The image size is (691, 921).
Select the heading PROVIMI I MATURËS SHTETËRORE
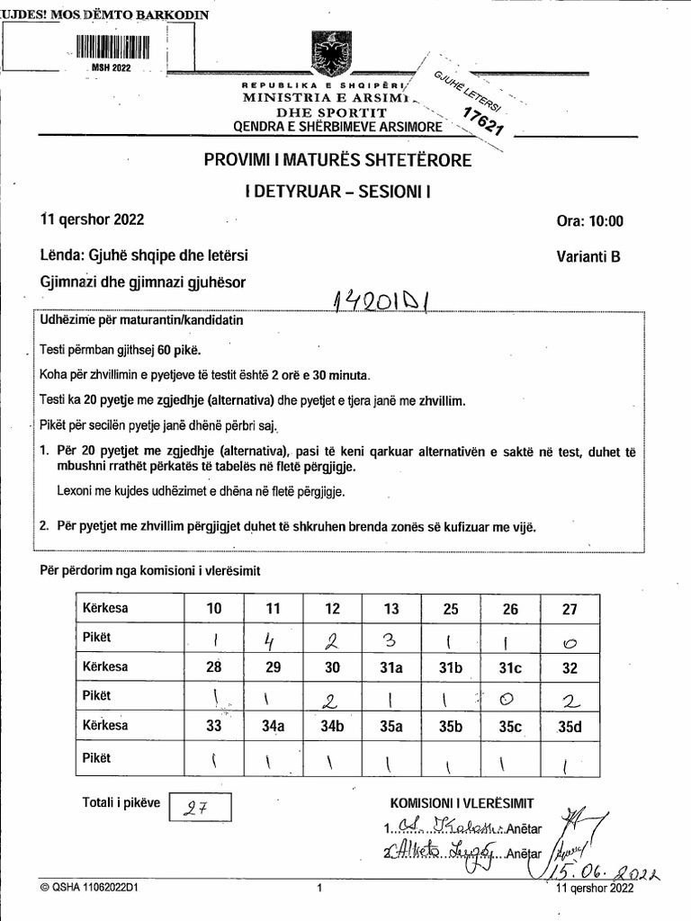click(x=337, y=161)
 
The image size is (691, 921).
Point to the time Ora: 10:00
click(x=590, y=221)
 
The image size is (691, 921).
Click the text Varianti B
click(x=588, y=255)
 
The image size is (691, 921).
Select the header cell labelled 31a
click(x=391, y=667)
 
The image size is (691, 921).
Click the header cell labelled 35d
click(x=569, y=726)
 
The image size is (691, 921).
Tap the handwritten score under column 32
click(x=569, y=697)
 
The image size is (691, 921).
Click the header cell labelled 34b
click(x=332, y=726)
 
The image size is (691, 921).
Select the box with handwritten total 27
click(x=201, y=807)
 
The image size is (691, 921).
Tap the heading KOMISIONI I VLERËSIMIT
click(x=462, y=803)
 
